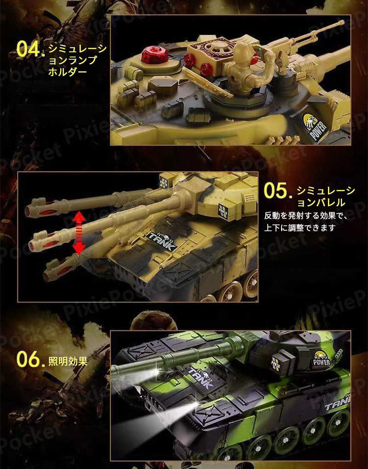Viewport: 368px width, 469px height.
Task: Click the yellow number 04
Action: click(29, 48)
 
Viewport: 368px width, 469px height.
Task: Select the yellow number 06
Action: click(29, 359)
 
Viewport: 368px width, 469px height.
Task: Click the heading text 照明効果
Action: click(68, 361)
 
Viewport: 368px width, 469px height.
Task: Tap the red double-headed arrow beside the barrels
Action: click(79, 233)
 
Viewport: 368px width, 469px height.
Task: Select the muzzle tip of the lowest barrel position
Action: click(46, 275)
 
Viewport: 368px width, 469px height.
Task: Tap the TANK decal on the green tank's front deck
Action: click(200, 378)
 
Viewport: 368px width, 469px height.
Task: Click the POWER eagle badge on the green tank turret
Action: click(322, 358)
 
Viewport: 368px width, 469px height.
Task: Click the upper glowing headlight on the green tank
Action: click(156, 372)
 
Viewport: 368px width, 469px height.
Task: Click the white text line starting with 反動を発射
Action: click(306, 216)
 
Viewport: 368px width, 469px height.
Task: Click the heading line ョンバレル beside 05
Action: click(321, 203)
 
